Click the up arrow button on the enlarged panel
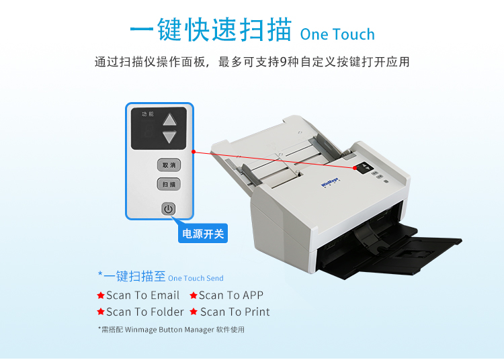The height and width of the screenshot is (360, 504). pyautogui.click(x=169, y=120)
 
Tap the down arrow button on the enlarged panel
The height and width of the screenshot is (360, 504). pyautogui.click(x=169, y=137)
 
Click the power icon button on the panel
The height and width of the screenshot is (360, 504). pyautogui.click(x=169, y=209)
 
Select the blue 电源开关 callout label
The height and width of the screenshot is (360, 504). pyautogui.click(x=203, y=234)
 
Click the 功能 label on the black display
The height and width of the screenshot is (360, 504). pyautogui.click(x=148, y=114)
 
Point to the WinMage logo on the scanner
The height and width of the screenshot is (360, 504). pyautogui.click(x=330, y=183)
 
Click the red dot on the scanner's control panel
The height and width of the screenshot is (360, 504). pyautogui.click(x=355, y=168)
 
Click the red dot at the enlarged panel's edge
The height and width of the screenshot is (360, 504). pyautogui.click(x=194, y=152)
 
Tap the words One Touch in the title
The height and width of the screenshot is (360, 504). pyautogui.click(x=337, y=34)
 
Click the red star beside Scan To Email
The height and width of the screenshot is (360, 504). pyautogui.click(x=101, y=295)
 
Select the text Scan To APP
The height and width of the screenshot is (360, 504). pyautogui.click(x=231, y=295)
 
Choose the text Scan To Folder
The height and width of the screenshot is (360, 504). pyautogui.click(x=145, y=312)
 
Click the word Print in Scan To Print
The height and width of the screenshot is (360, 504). pyautogui.click(x=257, y=312)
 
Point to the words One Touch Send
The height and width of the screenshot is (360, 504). pyautogui.click(x=196, y=279)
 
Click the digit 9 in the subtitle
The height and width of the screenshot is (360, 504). pyautogui.click(x=284, y=62)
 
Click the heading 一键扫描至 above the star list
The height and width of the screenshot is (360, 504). pyautogui.click(x=134, y=276)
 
